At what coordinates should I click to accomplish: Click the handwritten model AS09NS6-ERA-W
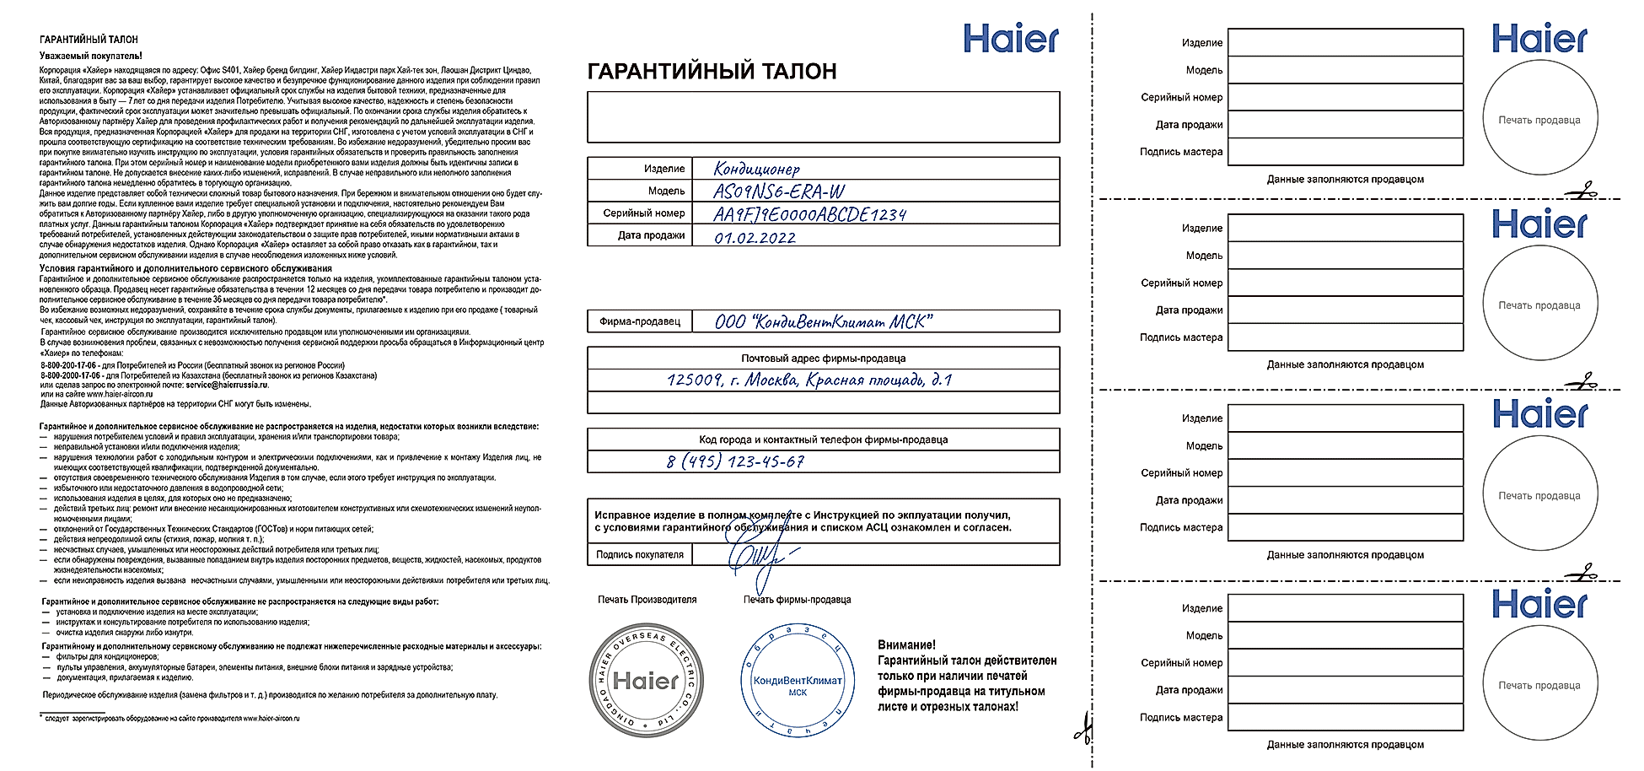pos(778,191)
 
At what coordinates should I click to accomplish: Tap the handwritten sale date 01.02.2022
pos(755,237)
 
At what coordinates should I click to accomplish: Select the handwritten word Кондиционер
pos(756,169)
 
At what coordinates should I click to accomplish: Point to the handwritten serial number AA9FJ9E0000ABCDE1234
pos(809,214)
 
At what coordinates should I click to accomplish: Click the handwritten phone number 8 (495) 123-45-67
pos(735,461)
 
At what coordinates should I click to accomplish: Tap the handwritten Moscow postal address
pos(809,380)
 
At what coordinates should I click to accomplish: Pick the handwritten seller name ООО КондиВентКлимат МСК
pos(823,321)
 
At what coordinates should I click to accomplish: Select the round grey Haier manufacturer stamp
pos(646,680)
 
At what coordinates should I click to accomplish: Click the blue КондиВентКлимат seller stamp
pos(797,682)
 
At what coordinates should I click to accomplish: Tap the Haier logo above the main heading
pos(1010,39)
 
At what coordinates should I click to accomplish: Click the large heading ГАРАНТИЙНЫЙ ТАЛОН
pos(712,72)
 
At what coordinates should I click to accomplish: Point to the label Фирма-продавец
pos(639,321)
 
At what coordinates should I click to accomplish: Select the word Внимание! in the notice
pos(906,645)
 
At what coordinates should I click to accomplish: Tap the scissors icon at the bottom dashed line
pos(1084,727)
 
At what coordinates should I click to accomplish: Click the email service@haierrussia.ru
pos(226,385)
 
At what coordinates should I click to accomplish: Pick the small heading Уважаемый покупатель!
pos(91,56)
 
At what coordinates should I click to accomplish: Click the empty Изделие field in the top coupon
pos(1345,42)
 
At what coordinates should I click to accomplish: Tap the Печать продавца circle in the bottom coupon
pos(1539,685)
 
